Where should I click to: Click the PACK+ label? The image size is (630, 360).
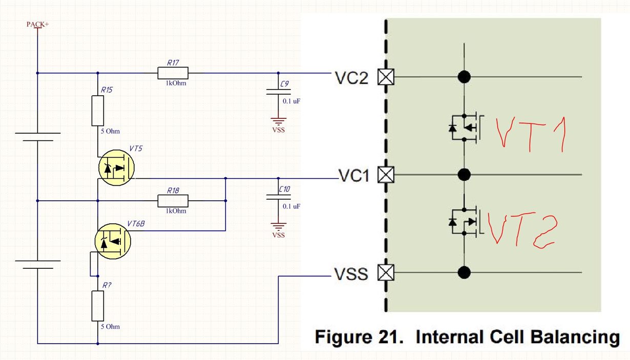pos(38,25)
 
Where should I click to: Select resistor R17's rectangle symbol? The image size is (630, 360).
pos(173,73)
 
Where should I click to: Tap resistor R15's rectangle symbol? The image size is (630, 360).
pos(98,111)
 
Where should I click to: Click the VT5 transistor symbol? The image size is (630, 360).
pos(116,167)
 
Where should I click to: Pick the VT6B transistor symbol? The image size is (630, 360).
pos(113,241)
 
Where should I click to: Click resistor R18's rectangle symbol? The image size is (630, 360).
pos(173,201)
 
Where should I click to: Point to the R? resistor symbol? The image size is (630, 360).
pos(98,306)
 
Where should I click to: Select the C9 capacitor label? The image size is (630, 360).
pos(284,84)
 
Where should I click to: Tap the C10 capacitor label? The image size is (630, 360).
pos(284,189)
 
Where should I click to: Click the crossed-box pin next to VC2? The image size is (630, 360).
pos(386,77)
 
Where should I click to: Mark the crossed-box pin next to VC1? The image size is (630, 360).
pos(386,175)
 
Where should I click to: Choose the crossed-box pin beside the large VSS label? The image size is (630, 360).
pos(386,272)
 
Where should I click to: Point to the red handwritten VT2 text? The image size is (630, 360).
pos(522,230)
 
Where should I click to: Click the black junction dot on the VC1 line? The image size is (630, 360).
pos(464,175)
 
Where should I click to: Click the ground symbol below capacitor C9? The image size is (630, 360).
pos(278,121)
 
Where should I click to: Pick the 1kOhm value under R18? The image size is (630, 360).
pos(176,211)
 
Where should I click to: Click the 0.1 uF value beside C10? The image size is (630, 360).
pos(291,206)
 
